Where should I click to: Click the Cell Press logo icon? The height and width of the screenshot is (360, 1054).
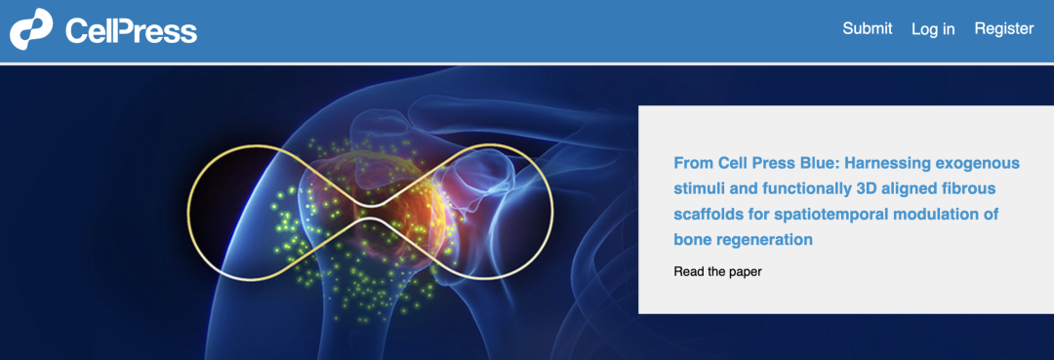31,29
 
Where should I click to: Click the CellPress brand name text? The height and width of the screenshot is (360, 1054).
131,31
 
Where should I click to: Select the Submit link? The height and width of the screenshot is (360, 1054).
868,28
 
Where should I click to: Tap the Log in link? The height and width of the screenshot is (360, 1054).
933,29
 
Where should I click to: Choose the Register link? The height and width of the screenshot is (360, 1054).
1004,29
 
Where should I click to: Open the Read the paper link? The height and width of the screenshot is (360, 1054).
717,272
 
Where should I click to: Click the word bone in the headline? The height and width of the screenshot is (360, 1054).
689,239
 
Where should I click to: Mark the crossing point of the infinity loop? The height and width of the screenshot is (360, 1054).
370,212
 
